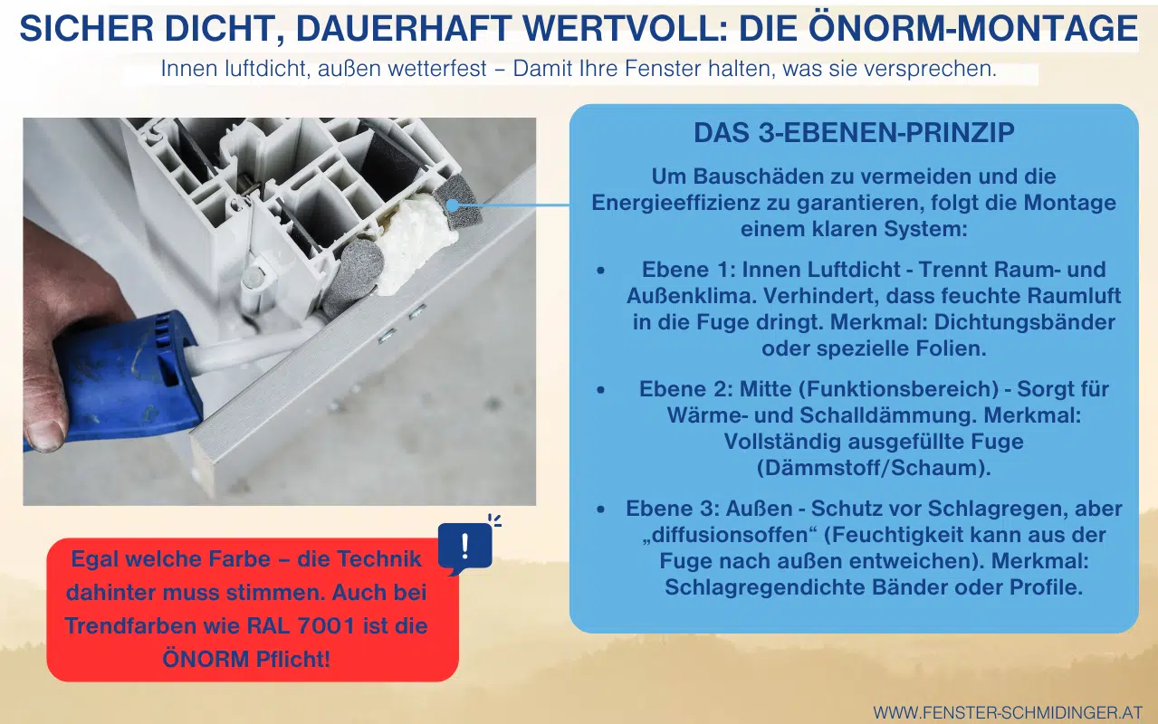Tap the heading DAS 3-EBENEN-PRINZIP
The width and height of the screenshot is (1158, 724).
click(854, 133)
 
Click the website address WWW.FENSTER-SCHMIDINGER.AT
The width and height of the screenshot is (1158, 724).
click(1008, 711)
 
